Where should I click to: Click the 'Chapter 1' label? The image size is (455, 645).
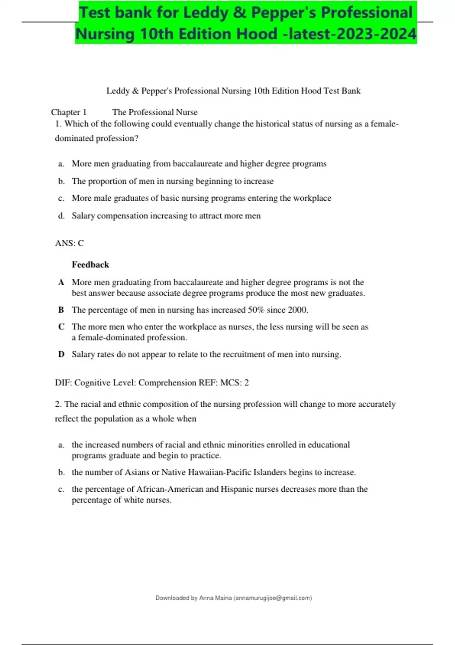[x=69, y=112]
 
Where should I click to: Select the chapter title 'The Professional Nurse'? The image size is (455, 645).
[x=155, y=112]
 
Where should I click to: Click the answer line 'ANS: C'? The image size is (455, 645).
[x=69, y=243]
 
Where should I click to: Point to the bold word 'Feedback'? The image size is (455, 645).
[x=90, y=265]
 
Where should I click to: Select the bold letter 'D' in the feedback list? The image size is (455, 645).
[x=61, y=354]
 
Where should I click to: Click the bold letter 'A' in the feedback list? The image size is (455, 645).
[x=61, y=282]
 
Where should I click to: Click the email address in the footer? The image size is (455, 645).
[x=273, y=598]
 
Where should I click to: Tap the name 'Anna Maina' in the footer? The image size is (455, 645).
[x=215, y=598]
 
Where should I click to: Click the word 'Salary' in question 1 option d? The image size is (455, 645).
[x=83, y=216]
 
